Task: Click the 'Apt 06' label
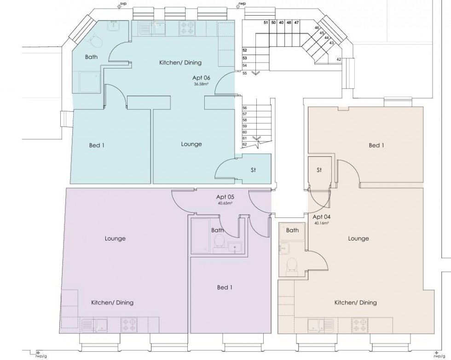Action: click(201, 78)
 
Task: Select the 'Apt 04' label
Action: click(321, 217)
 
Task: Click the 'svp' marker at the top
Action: click(122, 5)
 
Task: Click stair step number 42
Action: click(339, 59)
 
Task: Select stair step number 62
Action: click(245, 144)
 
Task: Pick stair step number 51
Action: click(266, 22)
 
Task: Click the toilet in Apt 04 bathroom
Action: click(291, 265)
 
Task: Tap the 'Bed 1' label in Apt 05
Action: click(225, 288)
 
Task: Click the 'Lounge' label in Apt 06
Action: click(191, 144)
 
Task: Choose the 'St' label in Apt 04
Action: click(319, 170)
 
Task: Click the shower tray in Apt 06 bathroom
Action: click(89, 82)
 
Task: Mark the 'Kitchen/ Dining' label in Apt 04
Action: click(355, 303)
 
